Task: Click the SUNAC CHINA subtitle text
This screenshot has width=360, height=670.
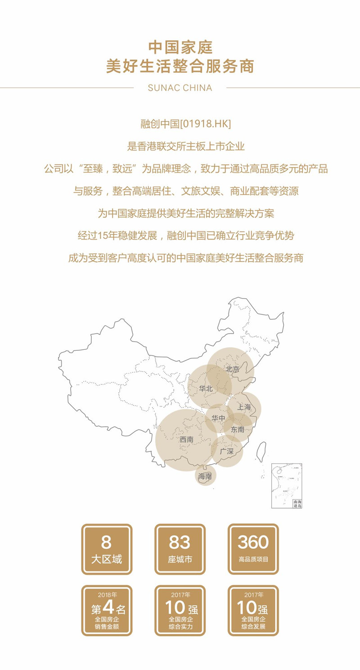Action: coord(180,88)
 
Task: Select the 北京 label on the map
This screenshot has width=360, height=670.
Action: coord(233,369)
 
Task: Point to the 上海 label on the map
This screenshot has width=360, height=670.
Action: coord(244,407)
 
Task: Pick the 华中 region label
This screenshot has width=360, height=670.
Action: coord(219,418)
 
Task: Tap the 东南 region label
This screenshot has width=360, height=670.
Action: coord(238,429)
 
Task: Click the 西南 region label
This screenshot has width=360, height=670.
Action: coord(186,439)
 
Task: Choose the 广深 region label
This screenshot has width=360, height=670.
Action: coord(227,451)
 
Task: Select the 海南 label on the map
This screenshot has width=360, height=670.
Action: coord(205,476)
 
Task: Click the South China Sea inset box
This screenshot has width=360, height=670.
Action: coord(287,486)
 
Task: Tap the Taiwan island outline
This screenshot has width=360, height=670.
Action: coord(260,450)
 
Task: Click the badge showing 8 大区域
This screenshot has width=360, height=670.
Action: coord(107,549)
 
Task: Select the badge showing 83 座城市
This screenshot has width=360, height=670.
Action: coord(180,549)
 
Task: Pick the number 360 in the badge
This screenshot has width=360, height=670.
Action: coord(253,542)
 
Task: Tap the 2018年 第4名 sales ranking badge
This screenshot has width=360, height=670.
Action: coord(107,610)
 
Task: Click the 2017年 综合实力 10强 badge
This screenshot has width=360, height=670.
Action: coord(180,610)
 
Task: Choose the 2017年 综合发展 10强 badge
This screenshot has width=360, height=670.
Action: coord(253,610)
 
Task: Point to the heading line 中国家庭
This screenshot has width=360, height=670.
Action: coord(180,47)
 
